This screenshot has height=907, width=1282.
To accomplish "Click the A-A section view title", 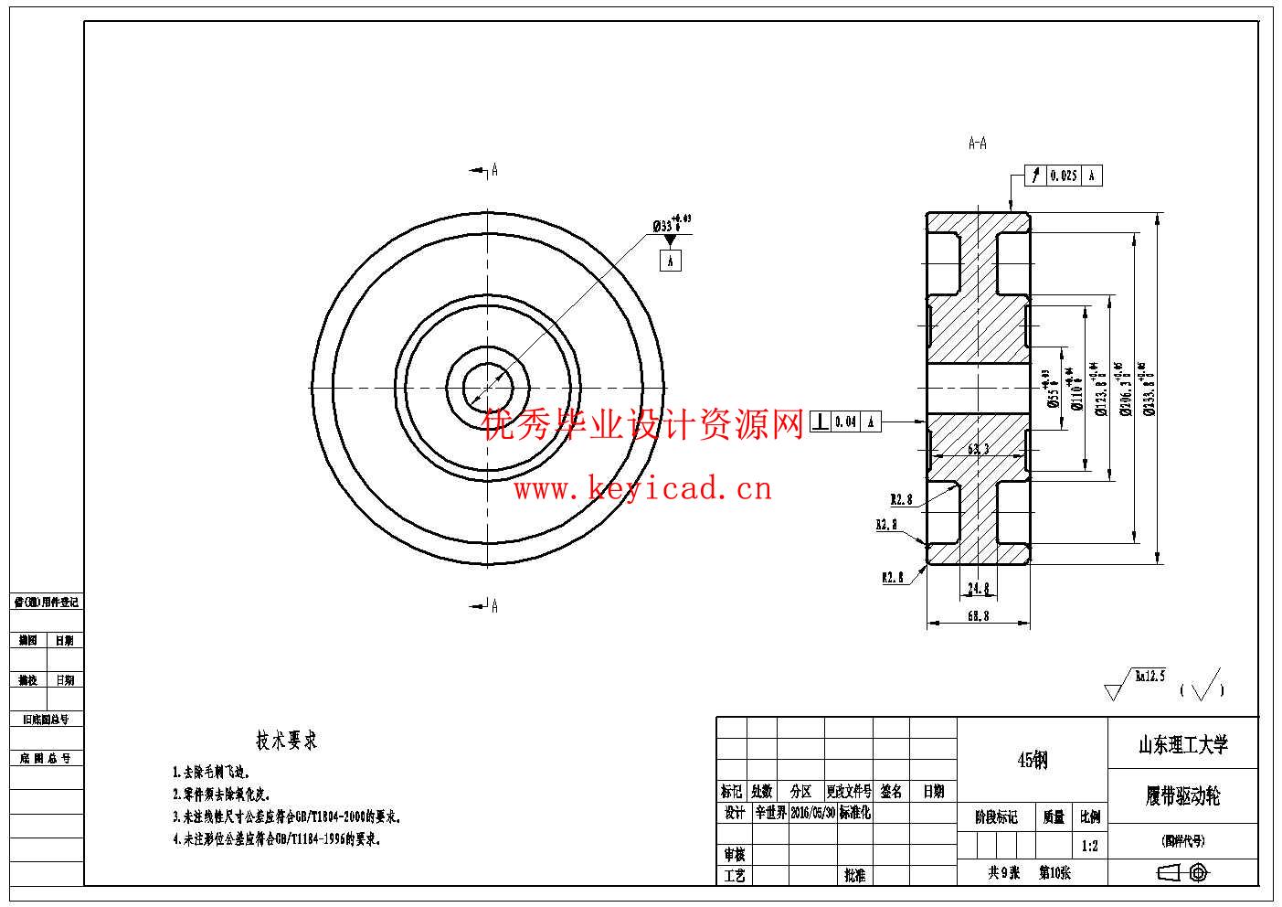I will coord(977,144).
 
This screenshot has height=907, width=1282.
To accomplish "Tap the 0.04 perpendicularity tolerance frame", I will coord(845,421).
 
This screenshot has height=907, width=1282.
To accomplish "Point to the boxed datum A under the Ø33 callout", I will coord(670,261).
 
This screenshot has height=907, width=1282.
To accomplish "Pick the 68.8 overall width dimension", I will coord(978,616).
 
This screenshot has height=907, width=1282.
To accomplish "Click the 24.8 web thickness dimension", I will coord(978,588).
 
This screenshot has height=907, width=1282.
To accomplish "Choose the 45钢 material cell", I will coord(1032,760).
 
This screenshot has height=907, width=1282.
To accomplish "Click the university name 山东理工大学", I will coord(1182,745).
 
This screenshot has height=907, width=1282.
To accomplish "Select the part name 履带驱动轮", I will coord(1182,795).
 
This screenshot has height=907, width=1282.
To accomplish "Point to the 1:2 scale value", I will coord(1089,846).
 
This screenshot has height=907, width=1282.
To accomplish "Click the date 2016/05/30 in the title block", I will coord(812,813).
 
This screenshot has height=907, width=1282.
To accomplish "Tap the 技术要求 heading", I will coord(286,741).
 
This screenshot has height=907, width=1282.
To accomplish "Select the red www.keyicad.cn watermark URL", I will coord(642,489).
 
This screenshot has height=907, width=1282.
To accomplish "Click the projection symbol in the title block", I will coord(1182,873).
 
